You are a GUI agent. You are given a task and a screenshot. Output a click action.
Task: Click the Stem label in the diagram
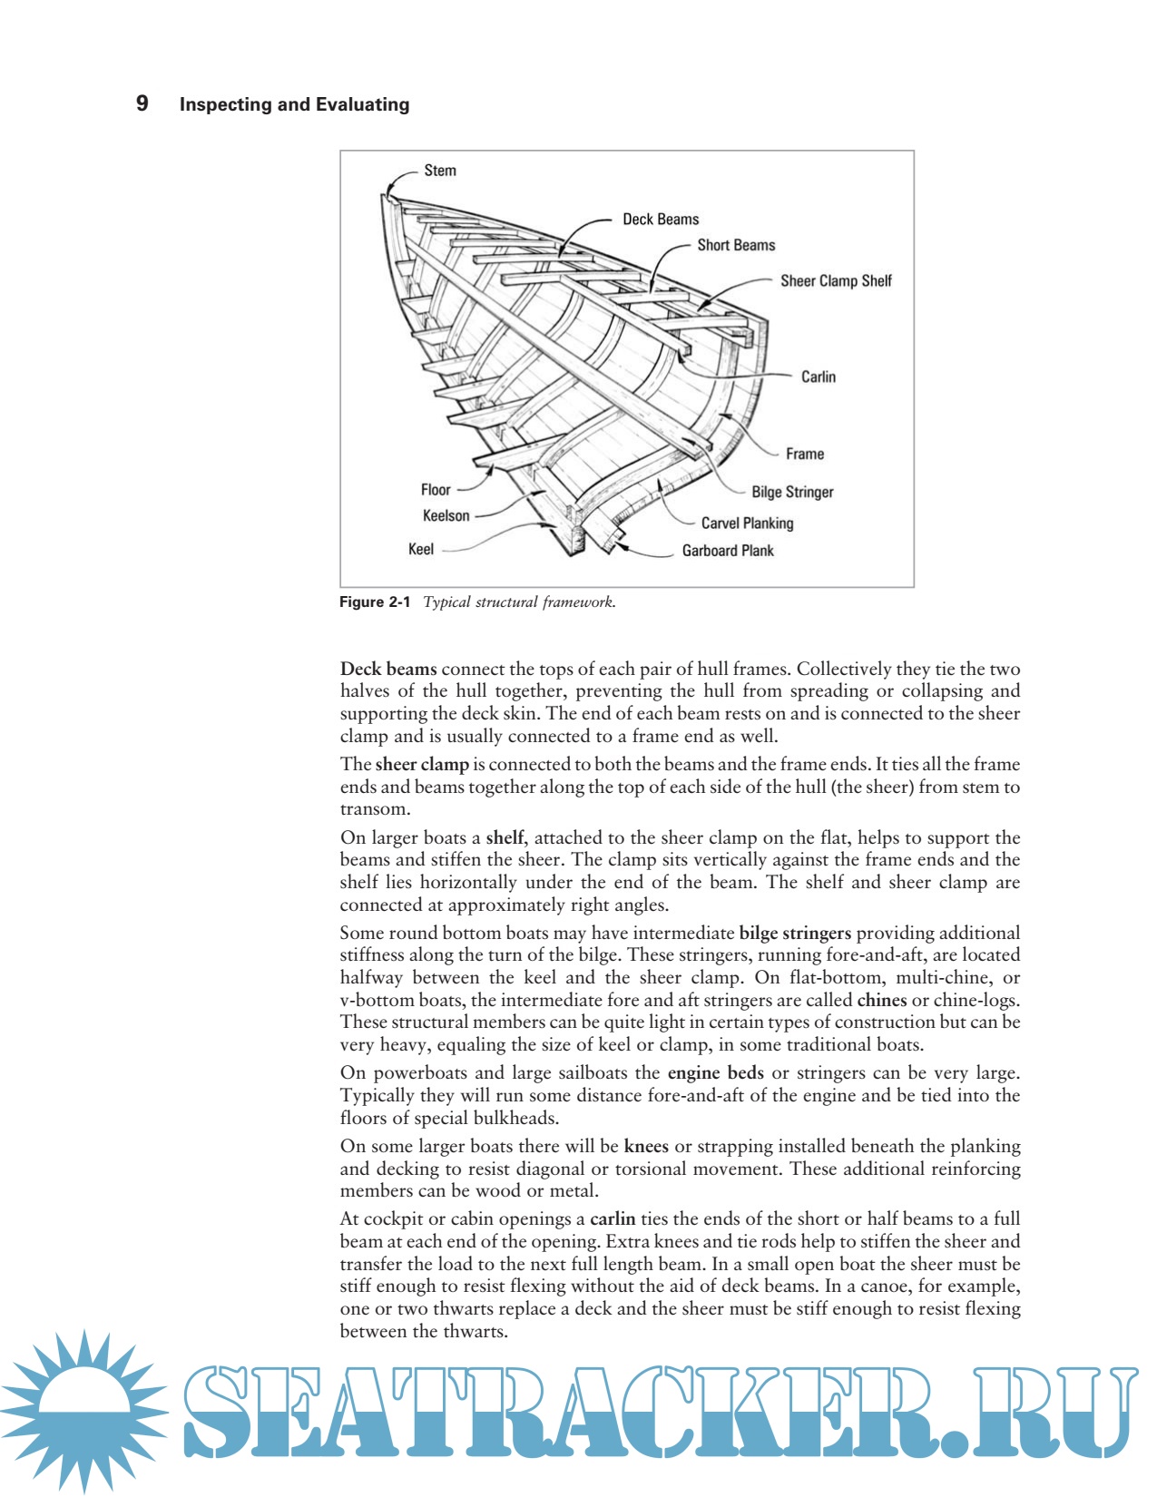(440, 171)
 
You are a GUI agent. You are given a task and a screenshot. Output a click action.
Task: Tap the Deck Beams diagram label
(661, 220)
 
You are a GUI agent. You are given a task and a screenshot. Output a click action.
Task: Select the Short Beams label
(736, 245)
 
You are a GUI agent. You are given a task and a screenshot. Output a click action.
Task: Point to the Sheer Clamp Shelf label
(836, 281)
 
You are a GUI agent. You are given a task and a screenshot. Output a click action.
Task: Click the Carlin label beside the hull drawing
(818, 377)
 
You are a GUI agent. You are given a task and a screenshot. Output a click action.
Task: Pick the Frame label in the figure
(805, 454)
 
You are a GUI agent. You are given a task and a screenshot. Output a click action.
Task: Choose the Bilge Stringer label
(792, 492)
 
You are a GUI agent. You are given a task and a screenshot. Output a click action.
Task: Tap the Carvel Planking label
(747, 523)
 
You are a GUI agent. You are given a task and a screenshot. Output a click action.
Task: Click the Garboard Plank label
(728, 551)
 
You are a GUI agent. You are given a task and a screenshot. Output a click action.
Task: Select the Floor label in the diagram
(436, 490)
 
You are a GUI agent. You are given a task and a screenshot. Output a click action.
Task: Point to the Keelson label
(446, 516)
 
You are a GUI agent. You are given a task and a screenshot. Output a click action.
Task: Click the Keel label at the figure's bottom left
(421, 549)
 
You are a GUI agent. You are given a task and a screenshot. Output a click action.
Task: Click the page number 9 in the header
(142, 103)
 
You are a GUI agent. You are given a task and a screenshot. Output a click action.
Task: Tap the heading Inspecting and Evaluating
(294, 104)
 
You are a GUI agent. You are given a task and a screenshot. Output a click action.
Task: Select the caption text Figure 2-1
(375, 602)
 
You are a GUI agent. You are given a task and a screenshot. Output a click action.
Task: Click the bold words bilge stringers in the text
(795, 933)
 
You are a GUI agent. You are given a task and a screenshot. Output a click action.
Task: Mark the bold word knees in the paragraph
(646, 1146)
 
